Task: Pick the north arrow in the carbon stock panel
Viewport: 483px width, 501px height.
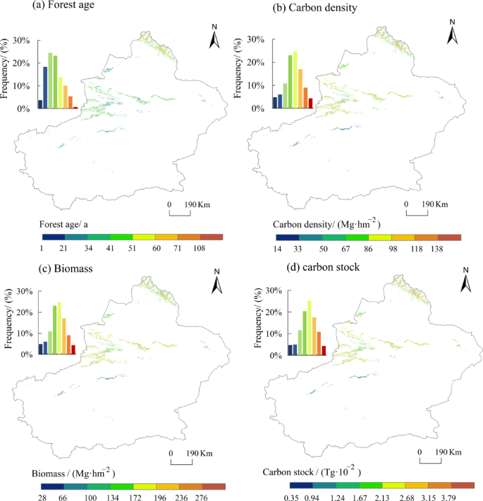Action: click(x=465, y=282)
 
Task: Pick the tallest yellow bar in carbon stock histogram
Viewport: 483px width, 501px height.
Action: click(x=309, y=328)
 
